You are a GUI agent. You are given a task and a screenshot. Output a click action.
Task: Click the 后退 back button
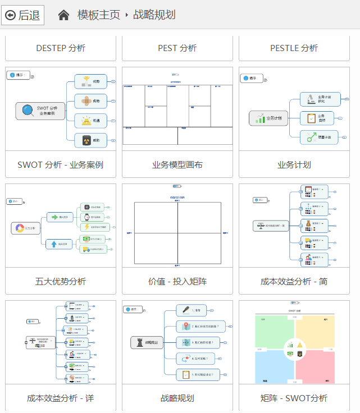click(23, 15)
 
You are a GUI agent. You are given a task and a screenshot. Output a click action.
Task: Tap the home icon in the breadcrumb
click(64, 15)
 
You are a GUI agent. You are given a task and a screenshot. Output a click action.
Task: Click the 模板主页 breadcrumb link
click(98, 15)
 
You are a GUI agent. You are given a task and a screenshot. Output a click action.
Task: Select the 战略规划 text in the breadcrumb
click(154, 15)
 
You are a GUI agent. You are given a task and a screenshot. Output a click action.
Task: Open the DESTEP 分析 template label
click(61, 48)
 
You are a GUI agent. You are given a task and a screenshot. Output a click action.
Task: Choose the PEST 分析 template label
click(177, 48)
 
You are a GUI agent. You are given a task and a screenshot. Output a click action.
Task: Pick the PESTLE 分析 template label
click(294, 48)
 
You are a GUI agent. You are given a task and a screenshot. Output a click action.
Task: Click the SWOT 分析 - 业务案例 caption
click(61, 165)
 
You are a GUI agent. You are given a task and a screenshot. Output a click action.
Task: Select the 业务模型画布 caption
click(177, 165)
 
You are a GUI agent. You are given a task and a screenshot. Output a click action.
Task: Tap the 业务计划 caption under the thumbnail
click(294, 165)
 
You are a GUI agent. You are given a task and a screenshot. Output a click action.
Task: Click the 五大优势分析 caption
click(61, 281)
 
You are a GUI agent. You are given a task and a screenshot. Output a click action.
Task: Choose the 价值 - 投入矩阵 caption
click(177, 281)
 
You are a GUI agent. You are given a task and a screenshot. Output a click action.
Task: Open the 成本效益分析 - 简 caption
click(294, 281)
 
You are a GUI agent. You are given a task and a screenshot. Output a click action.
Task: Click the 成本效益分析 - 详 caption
click(61, 398)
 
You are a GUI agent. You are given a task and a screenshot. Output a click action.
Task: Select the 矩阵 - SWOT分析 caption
click(294, 398)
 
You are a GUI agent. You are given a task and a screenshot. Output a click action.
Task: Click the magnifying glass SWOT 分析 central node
click(40, 111)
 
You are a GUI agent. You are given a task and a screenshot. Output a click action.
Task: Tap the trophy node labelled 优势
click(90, 82)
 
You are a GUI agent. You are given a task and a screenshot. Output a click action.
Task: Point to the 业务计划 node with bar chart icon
click(268, 118)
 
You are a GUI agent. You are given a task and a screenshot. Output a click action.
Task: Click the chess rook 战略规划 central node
click(147, 342)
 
